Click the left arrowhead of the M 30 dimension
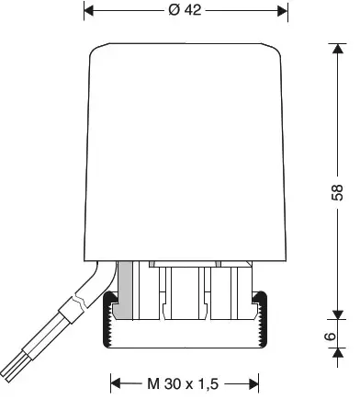pyautogui.click(x=115, y=382)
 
